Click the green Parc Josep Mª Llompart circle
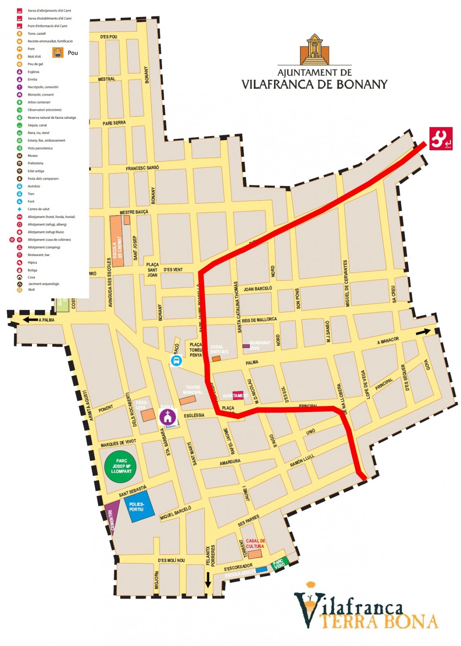click(120, 466)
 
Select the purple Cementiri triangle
click(112, 515)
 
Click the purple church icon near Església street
click(167, 416)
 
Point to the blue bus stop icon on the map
click(176, 361)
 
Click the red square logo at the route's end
click(440, 138)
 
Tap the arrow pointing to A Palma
click(30, 320)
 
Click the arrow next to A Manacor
click(423, 332)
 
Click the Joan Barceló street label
click(258, 289)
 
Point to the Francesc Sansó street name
click(142, 168)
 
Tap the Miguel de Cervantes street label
click(346, 283)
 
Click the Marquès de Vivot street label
click(118, 443)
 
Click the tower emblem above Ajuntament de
click(314, 49)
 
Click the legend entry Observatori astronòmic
click(44, 110)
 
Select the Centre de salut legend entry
click(38, 209)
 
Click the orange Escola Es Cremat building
click(117, 241)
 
